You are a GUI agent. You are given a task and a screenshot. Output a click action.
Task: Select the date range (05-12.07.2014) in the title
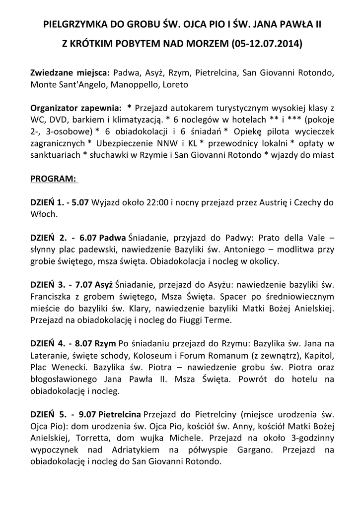pos(266,43)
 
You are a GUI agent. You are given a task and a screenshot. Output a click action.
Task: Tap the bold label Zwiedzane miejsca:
pos(71,73)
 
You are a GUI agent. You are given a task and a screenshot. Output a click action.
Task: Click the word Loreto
pos(173,84)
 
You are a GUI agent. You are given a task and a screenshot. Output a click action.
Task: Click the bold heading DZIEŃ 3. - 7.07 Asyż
pos(72,285)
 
